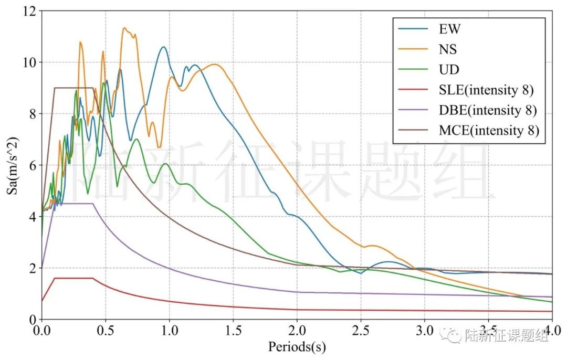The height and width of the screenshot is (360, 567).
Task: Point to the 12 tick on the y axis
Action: click(x=29, y=11)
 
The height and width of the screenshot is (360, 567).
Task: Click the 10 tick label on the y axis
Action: click(x=29, y=62)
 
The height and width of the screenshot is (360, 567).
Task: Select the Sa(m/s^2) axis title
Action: click(x=12, y=165)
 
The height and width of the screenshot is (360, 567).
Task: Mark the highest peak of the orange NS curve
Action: click(x=124, y=28)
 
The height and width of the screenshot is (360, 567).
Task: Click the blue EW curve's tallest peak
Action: click(x=163, y=47)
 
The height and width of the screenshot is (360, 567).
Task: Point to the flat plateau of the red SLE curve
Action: click(x=73, y=278)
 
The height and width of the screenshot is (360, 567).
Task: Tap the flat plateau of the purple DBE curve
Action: click(x=73, y=204)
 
